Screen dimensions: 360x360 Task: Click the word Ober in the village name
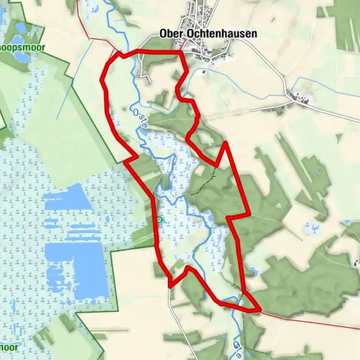point(172,34)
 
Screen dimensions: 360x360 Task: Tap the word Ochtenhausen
point(217,34)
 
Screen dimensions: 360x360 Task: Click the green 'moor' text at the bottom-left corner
point(9,348)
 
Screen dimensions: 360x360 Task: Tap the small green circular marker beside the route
point(160,220)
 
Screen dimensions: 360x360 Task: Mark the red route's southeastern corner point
point(259,308)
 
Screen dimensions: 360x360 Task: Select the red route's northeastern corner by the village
point(181,52)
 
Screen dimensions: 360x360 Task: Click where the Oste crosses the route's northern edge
point(136,52)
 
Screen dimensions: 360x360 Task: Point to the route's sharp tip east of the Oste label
point(224,142)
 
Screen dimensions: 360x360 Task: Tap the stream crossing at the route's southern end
point(235,304)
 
